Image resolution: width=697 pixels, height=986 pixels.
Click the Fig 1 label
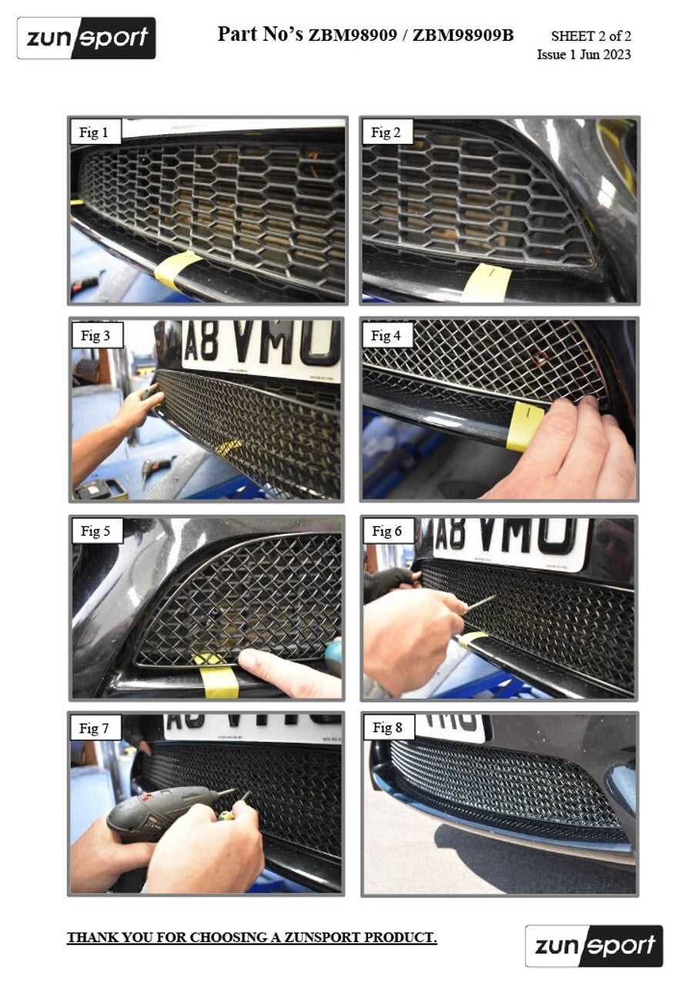point(94,132)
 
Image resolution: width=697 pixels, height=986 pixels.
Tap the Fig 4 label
point(386,335)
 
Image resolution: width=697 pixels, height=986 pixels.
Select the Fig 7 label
point(95,728)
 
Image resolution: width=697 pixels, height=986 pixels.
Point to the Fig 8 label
point(387,728)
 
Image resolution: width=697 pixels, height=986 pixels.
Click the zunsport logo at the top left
point(86,38)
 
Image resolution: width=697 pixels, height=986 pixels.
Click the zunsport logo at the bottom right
point(594,945)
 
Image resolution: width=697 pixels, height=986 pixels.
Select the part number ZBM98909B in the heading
point(463,35)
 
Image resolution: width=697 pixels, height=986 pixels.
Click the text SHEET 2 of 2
point(591,36)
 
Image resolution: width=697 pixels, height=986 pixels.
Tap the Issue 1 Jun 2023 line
point(583,55)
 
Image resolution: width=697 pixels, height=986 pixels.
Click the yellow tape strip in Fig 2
point(488,282)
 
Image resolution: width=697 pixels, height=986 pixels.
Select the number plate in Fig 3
point(260,346)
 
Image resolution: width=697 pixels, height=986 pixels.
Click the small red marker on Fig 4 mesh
point(540,357)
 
